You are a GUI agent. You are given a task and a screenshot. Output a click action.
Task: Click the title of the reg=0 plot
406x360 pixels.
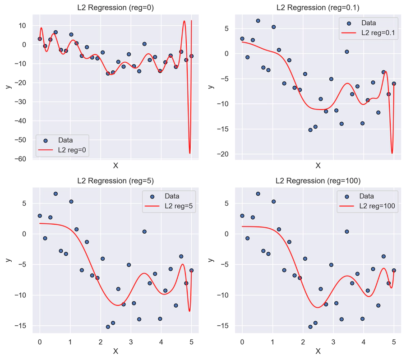(x=115, y=7)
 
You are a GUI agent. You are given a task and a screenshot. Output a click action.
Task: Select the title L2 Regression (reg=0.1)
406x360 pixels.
(x=318, y=7)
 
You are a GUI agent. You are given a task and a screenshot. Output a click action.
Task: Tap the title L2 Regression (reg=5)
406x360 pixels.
(x=115, y=181)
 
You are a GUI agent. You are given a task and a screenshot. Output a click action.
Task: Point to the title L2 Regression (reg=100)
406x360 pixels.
(x=318, y=181)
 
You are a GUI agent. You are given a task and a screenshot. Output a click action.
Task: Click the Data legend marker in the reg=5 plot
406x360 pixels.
(x=152, y=197)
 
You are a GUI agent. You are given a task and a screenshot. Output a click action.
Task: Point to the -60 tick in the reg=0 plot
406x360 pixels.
(x=21, y=159)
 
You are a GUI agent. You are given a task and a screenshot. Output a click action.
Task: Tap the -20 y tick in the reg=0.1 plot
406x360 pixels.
(x=224, y=154)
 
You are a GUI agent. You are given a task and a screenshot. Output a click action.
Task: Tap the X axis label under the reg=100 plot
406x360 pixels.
(x=318, y=351)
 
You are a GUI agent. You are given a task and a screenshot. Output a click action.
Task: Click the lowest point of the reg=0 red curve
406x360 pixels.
(x=189, y=153)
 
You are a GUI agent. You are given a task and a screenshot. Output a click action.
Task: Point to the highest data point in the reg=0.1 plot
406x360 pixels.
(x=258, y=21)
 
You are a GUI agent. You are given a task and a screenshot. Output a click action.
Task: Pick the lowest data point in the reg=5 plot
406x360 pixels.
(x=108, y=327)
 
